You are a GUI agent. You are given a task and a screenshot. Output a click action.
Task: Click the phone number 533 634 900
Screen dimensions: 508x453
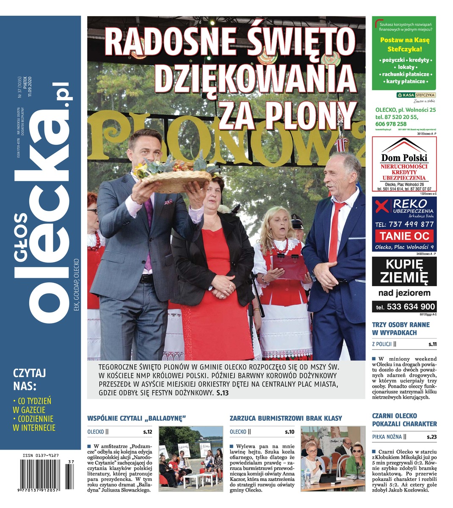[x=404, y=306]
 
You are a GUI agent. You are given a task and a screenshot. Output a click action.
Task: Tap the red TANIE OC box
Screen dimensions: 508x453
[x=404, y=236]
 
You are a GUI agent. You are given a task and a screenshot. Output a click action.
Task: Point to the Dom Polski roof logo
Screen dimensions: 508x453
[x=404, y=146]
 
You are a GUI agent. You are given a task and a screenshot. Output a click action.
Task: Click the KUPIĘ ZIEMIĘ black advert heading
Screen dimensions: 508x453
[x=404, y=271]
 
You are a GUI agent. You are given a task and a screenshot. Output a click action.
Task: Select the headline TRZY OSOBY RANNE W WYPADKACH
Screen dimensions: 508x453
[x=401, y=329]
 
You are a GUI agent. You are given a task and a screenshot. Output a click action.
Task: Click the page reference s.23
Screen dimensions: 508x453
[x=431, y=437]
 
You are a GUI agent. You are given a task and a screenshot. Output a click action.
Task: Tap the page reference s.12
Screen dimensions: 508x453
[x=147, y=432]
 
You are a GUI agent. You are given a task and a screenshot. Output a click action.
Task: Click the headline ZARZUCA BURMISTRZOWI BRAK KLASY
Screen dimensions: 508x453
[x=285, y=418]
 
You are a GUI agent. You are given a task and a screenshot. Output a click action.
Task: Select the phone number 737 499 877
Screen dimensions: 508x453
[x=404, y=224]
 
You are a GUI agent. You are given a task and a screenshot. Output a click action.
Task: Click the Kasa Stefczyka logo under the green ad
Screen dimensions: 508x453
[x=415, y=95]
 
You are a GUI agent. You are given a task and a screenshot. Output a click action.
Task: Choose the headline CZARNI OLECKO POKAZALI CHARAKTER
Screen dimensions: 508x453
[x=404, y=420]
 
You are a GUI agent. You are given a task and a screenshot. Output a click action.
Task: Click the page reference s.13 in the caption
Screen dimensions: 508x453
[x=222, y=393]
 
